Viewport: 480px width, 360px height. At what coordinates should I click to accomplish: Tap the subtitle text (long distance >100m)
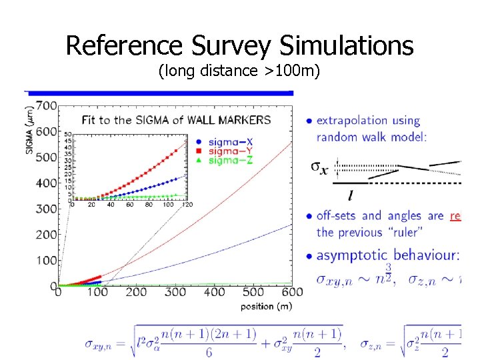coord(239,70)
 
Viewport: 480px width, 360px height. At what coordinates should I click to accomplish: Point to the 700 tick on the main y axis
coord(46,105)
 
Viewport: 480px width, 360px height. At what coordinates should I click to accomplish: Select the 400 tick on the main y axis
coord(46,183)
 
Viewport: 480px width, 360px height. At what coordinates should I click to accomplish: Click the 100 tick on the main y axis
coord(46,261)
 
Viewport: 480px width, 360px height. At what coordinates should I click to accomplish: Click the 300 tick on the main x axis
coord(175,292)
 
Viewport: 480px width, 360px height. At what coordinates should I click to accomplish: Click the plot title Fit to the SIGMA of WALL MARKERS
coord(176,121)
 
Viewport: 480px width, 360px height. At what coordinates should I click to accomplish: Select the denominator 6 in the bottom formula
coord(209,353)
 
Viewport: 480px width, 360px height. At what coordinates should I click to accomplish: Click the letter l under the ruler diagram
coord(351,195)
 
